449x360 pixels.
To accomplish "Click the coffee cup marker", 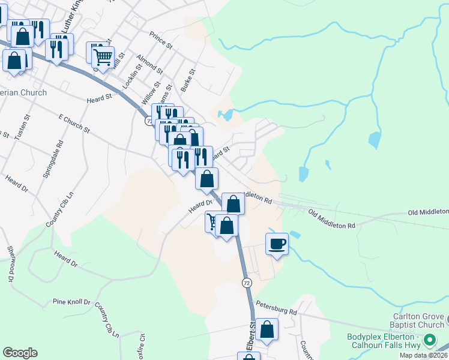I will click(277, 244).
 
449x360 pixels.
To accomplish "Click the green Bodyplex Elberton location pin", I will click(429, 341).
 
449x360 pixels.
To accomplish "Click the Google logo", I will click(20, 353).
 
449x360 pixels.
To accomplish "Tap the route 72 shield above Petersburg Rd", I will click(247, 281).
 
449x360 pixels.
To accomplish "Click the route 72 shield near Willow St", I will click(148, 121).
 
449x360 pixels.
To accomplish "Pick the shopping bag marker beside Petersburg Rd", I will click(267, 329).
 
